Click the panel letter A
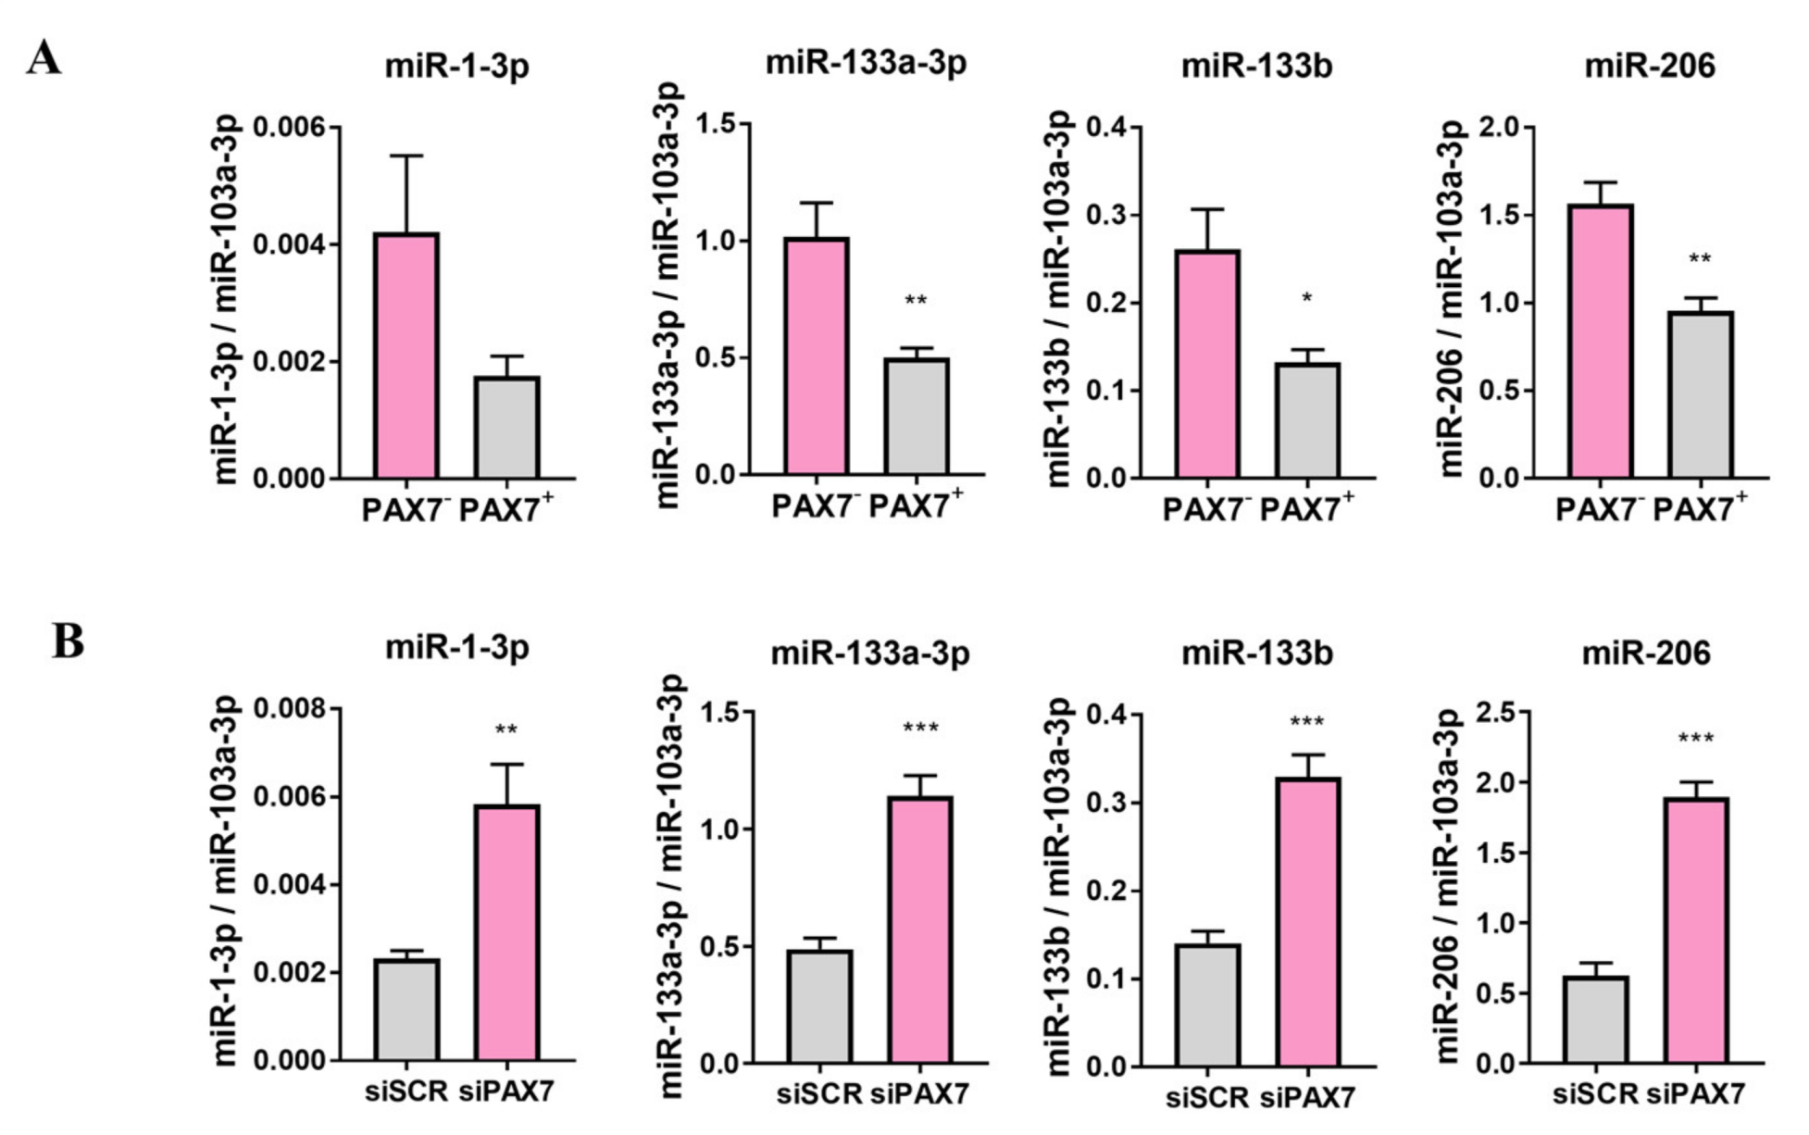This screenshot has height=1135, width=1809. (x=44, y=58)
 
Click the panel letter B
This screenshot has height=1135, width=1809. (x=67, y=641)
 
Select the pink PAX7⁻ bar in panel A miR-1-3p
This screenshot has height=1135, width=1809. (x=405, y=356)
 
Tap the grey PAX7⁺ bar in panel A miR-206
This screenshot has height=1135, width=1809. (x=1701, y=395)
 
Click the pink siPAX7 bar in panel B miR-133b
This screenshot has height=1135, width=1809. (x=1308, y=922)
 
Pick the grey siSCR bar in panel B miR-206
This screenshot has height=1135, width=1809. (x=1595, y=1019)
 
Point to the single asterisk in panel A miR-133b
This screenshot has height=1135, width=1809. (x=1306, y=299)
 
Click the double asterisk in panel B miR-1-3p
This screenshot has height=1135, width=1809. (x=505, y=730)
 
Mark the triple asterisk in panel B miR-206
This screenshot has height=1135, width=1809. (x=1695, y=739)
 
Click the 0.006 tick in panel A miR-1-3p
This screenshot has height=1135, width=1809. (x=289, y=126)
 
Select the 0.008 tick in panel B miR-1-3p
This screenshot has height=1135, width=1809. (x=289, y=709)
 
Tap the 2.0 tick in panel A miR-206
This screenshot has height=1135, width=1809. (x=1501, y=127)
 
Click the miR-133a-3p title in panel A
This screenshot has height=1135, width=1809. (x=866, y=64)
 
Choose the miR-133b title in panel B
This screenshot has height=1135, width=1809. (x=1256, y=654)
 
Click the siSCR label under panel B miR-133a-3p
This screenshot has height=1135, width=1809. (x=818, y=1093)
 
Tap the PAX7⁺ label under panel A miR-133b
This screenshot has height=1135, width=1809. (x=1306, y=508)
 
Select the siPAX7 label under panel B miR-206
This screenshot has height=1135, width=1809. (x=1695, y=1093)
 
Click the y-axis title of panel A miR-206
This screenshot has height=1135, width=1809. (x=1453, y=301)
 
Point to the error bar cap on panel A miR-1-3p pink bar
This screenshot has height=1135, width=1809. (x=405, y=156)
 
